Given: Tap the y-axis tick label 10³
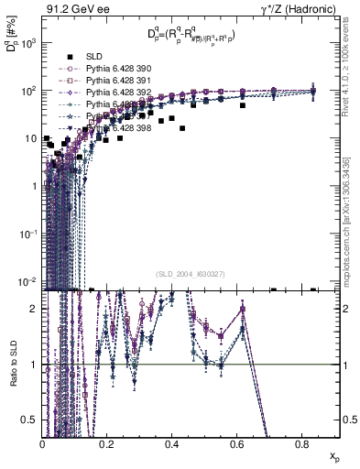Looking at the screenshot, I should (30, 43).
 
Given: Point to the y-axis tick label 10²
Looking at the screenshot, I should (30, 91).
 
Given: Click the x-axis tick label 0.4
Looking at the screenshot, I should (172, 442).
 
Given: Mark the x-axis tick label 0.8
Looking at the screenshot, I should (301, 442).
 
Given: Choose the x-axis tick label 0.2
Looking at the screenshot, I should (107, 442).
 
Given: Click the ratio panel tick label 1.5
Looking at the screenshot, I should (32, 336).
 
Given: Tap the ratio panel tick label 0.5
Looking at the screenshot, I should (32, 419).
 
